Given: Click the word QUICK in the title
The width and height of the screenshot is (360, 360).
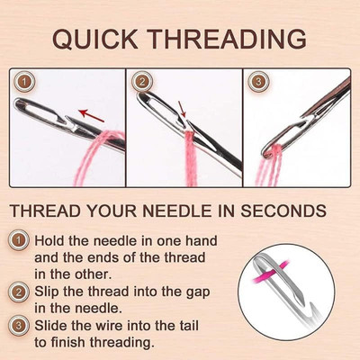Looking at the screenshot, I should [x=95, y=40].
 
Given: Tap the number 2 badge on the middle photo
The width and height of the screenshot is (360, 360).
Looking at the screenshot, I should [x=141, y=83].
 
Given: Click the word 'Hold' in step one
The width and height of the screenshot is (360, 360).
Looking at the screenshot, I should [x=53, y=241].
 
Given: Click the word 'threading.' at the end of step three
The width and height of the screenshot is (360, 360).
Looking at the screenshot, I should [x=125, y=344].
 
